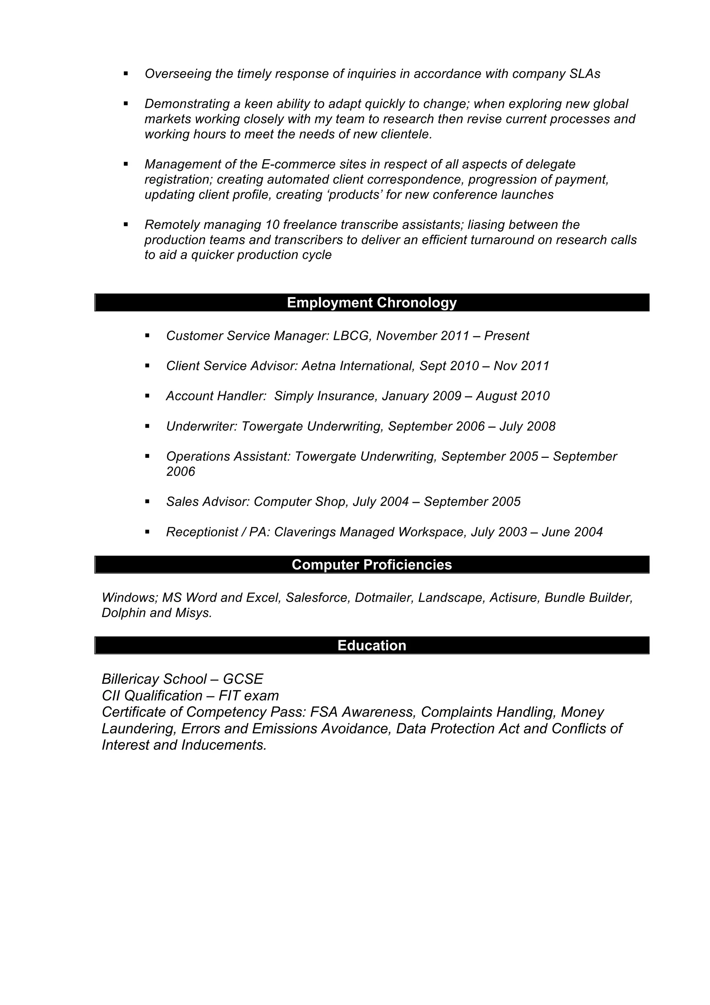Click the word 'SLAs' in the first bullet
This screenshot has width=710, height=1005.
(585, 74)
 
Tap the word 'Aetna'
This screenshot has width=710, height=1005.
(319, 366)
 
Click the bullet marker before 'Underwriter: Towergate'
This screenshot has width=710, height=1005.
(147, 426)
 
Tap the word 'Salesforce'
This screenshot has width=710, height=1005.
(318, 598)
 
